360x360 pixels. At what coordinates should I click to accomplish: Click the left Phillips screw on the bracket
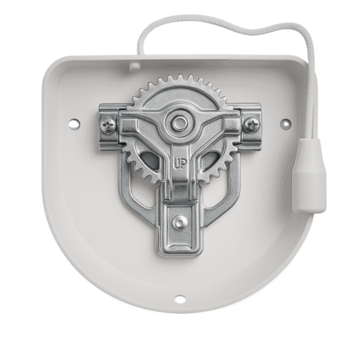pyautogui.click(x=108, y=125)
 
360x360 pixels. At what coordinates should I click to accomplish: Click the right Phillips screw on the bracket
pyautogui.click(x=252, y=125)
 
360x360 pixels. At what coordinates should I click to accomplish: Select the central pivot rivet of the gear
pyautogui.click(x=179, y=123)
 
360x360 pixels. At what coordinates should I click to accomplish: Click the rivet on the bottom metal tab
pyautogui.click(x=180, y=222)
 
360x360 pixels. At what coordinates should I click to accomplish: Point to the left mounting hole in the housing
pyautogui.click(x=74, y=124)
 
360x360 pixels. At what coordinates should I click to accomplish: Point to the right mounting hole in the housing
pyautogui.click(x=286, y=124)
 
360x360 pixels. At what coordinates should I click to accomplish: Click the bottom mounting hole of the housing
pyautogui.click(x=180, y=299)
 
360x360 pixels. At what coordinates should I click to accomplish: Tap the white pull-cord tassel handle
pyautogui.click(x=309, y=176)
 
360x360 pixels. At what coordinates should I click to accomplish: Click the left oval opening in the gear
pyautogui.click(x=150, y=159)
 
